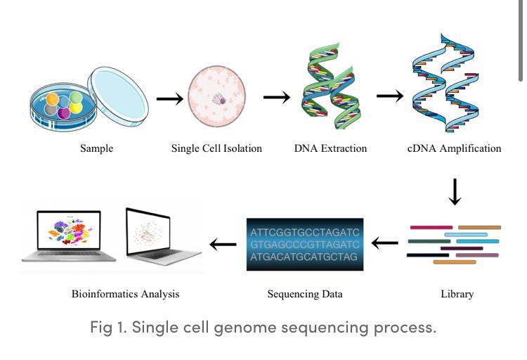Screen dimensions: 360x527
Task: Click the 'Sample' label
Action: point(96,148)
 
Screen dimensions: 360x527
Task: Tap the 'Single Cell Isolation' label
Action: point(216,148)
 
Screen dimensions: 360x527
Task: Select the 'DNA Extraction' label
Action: point(330,148)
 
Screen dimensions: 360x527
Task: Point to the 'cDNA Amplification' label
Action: point(455,148)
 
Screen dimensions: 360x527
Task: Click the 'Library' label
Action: point(456,294)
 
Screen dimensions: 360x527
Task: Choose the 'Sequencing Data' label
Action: point(305,294)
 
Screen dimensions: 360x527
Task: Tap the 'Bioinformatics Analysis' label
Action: point(125,294)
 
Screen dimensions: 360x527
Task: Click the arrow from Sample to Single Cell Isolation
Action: point(169,98)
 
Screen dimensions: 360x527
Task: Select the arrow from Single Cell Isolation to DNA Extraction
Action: point(276,97)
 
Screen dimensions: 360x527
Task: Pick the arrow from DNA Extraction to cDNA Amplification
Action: point(389,96)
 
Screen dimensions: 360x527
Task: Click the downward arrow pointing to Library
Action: point(455,192)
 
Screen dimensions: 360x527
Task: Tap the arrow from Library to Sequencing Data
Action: point(384,244)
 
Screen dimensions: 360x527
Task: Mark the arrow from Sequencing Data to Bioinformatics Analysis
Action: point(223,245)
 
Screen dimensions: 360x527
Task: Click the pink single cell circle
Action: point(217,95)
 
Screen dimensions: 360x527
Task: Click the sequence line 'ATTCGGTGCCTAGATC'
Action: point(305,231)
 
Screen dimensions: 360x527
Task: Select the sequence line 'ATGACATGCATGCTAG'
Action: point(305,257)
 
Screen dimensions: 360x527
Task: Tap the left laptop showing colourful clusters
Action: point(68,236)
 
